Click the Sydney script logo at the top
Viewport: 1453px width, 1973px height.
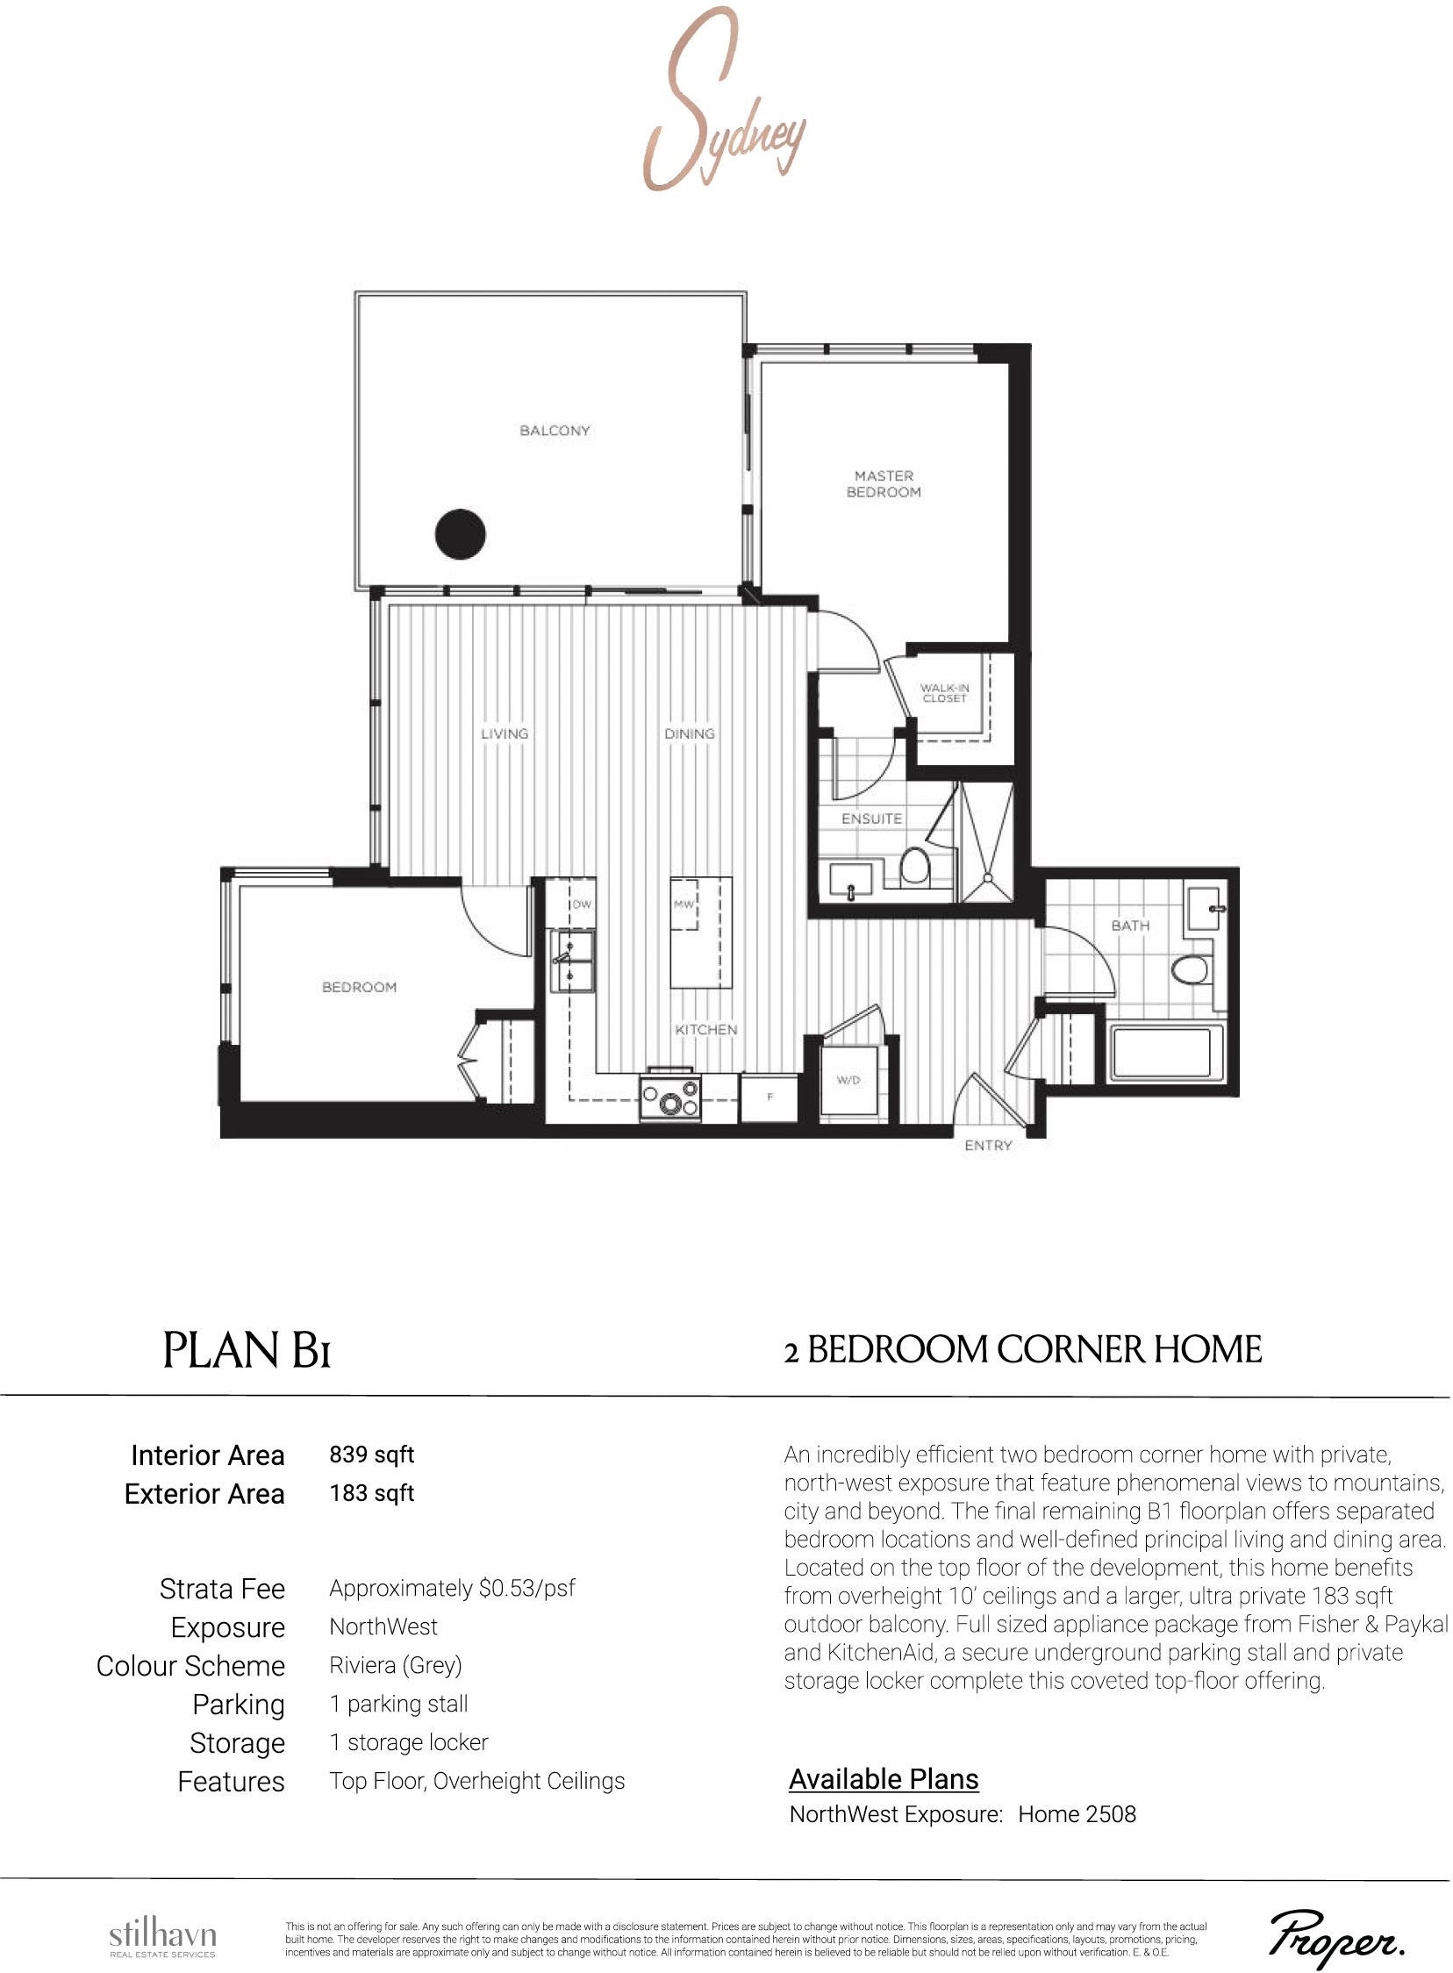coord(723,101)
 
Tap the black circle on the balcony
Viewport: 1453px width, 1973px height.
coord(461,533)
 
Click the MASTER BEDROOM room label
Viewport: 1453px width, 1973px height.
coord(884,484)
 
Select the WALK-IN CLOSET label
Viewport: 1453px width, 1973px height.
coord(945,693)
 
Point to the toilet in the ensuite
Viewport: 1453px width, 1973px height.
coord(915,863)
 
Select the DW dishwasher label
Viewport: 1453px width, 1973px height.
coord(583,904)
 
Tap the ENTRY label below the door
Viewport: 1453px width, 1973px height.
coord(989,1145)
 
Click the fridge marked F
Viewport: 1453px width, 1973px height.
coord(769,1097)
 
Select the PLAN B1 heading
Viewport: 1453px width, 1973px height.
coord(247,1350)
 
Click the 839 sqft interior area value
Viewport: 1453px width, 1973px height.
coord(371,1455)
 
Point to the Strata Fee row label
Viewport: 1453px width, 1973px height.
coord(222,1589)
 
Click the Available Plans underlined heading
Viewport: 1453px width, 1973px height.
coord(884,1780)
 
